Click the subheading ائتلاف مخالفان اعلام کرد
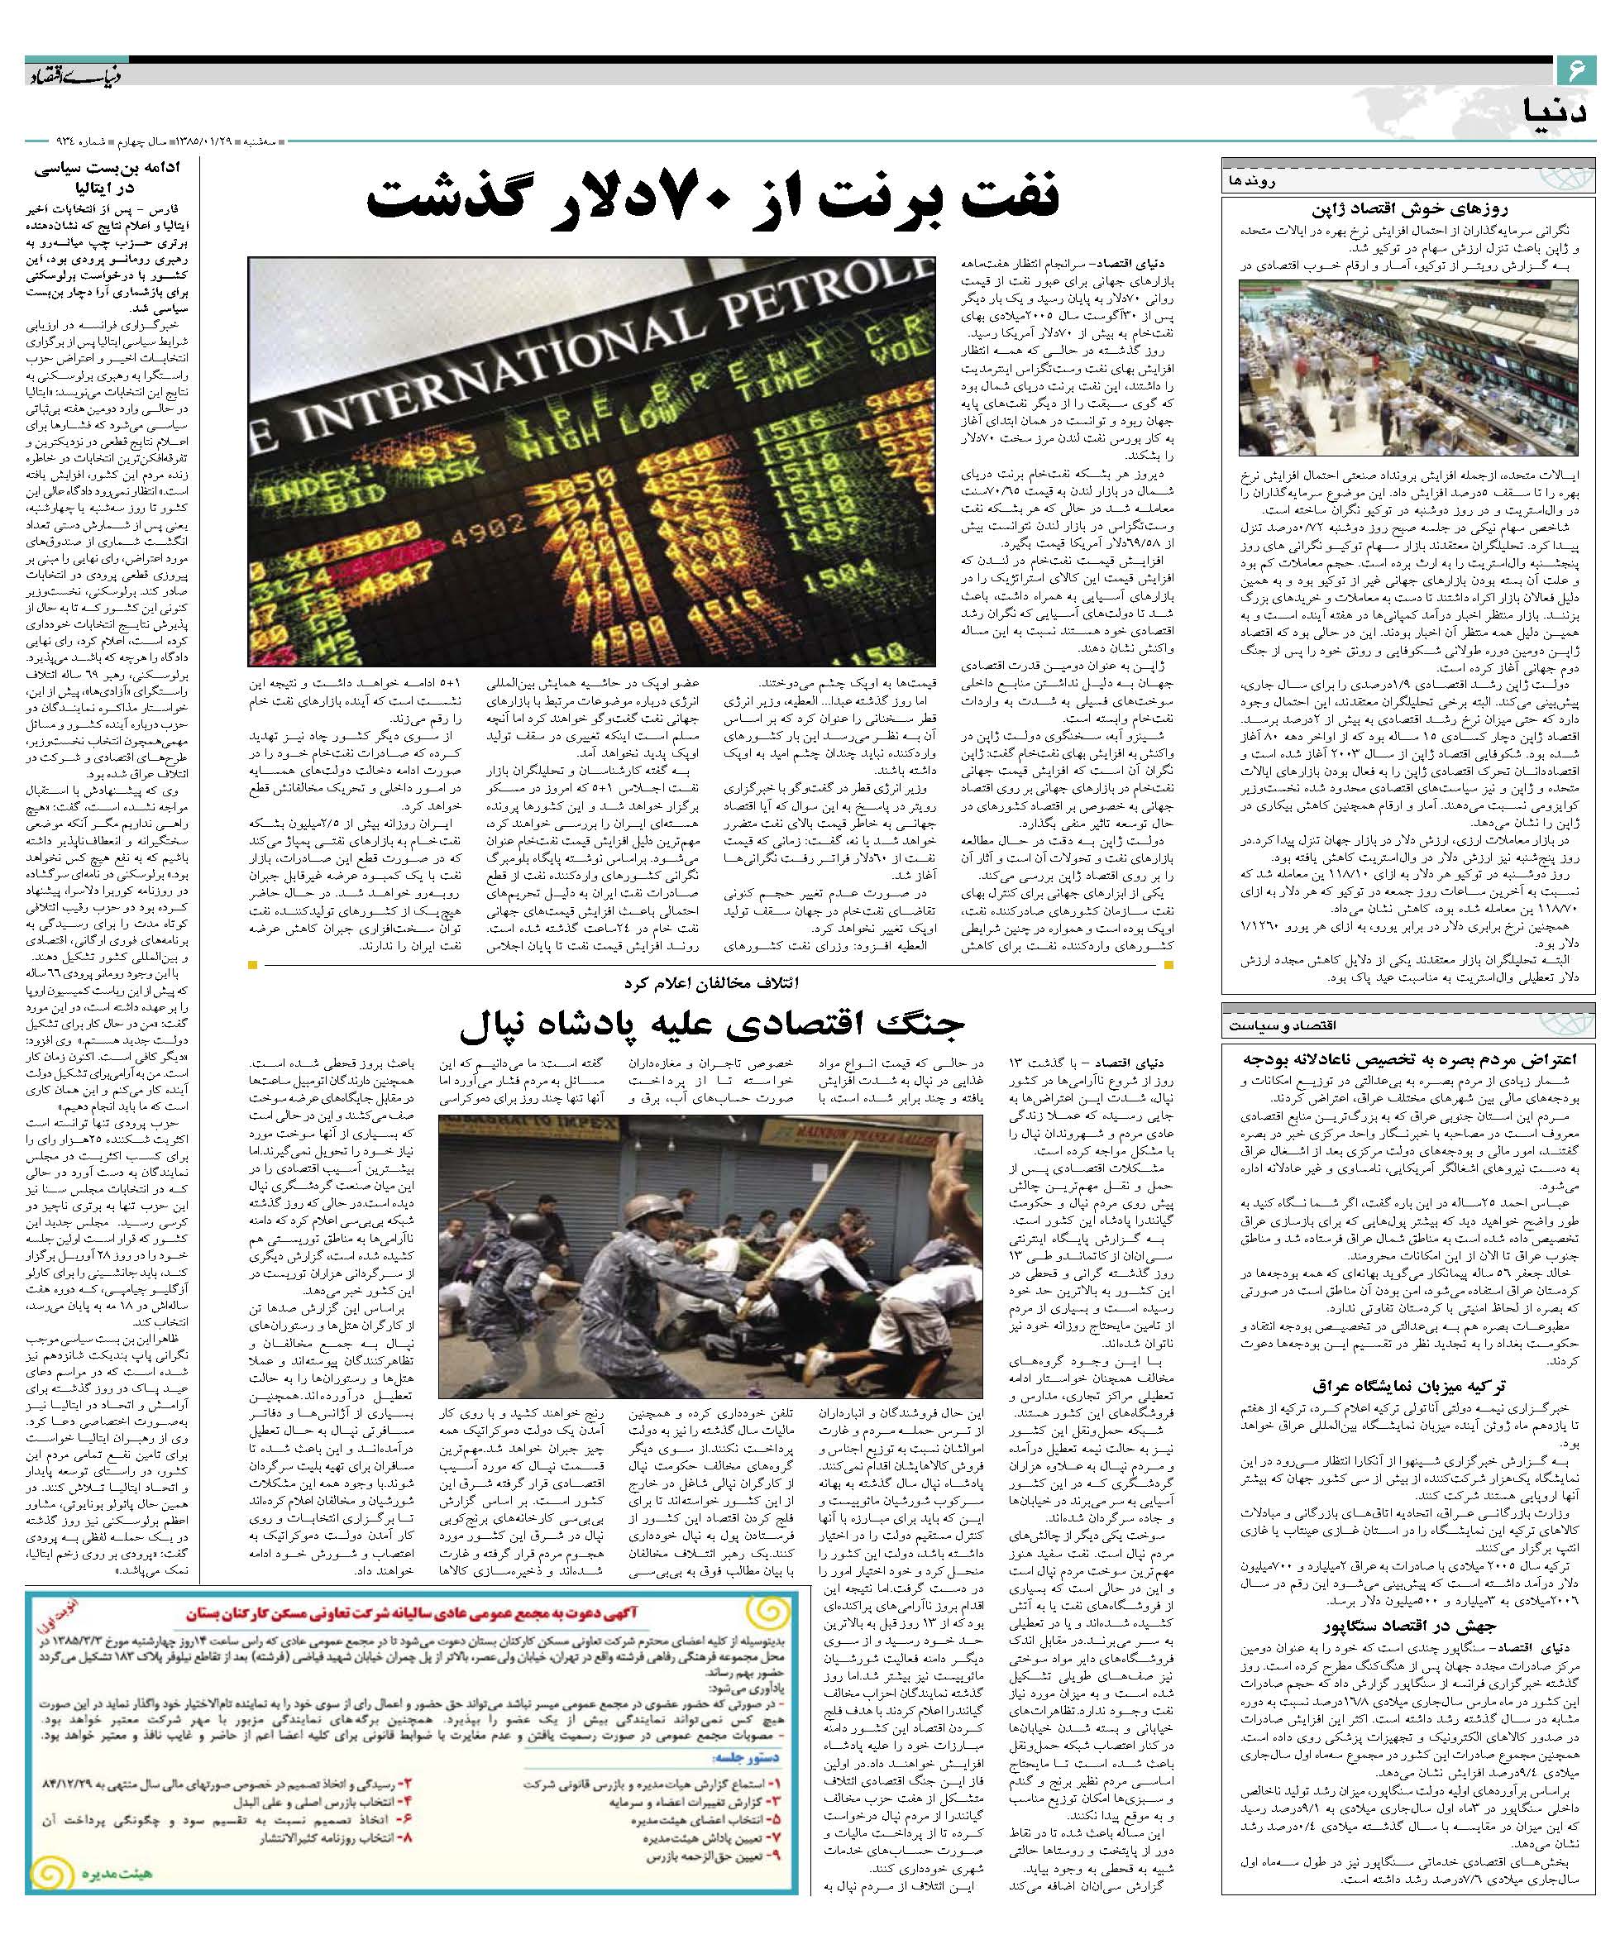(713, 982)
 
